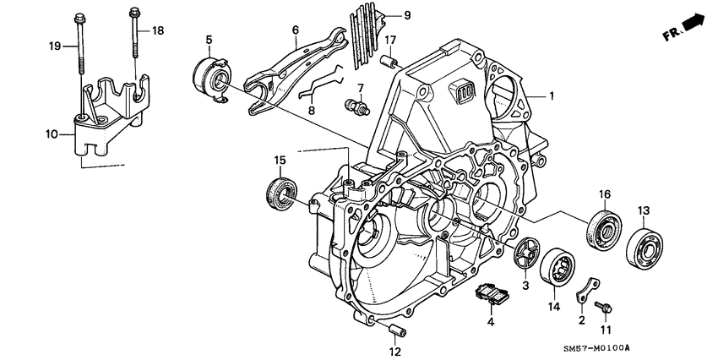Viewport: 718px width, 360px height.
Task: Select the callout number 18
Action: [x=157, y=30]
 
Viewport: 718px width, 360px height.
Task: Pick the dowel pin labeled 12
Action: [x=397, y=328]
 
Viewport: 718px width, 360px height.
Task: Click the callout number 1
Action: [x=552, y=97]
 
